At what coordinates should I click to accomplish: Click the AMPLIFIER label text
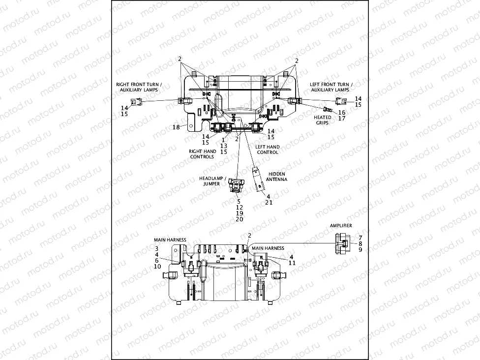pyautogui.click(x=341, y=225)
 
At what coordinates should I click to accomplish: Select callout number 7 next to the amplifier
pyautogui.click(x=360, y=238)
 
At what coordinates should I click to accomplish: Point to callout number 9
pyautogui.click(x=360, y=250)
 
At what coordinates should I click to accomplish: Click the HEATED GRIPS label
pyautogui.click(x=322, y=120)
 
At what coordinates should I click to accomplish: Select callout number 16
pyautogui.click(x=341, y=112)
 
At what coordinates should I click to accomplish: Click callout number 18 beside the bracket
pyautogui.click(x=176, y=127)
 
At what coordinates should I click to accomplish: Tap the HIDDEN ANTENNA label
pyautogui.click(x=277, y=177)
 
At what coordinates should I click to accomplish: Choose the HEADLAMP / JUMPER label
pyautogui.click(x=209, y=180)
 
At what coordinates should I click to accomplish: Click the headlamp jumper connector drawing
pyautogui.click(x=236, y=186)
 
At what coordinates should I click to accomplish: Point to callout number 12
pyautogui.click(x=239, y=207)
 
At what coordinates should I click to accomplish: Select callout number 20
pyautogui.click(x=239, y=219)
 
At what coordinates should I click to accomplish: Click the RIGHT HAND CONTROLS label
pyautogui.click(x=202, y=154)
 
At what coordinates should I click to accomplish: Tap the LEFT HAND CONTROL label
pyautogui.click(x=267, y=150)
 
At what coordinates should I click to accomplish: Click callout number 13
pyautogui.click(x=224, y=146)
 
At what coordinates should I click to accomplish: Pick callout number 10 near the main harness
pyautogui.click(x=156, y=266)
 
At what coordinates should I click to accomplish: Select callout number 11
pyautogui.click(x=292, y=263)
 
